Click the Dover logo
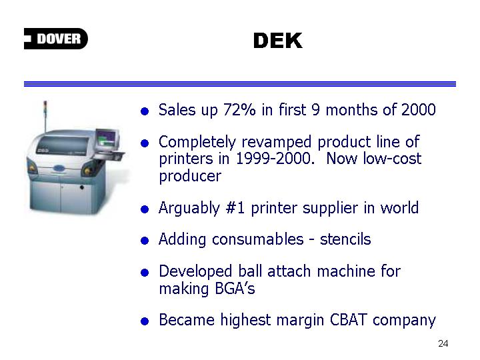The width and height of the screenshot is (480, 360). coord(56,39)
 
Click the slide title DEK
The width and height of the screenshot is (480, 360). coord(278,41)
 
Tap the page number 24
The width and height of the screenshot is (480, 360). coord(443,343)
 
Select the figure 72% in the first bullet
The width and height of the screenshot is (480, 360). coord(239,109)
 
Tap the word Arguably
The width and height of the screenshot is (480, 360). coord(189,209)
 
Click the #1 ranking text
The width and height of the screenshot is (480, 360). coord(235,208)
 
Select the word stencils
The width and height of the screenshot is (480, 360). coord(345,239)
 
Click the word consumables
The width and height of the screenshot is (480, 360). coord(258,239)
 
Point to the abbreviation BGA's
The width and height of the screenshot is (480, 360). coord(235,289)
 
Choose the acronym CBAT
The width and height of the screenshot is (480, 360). coord(348,320)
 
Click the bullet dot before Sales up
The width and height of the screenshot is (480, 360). coord(145,111)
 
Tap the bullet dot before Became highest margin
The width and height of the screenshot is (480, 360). coord(145,321)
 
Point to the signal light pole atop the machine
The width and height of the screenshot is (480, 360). coord(45,117)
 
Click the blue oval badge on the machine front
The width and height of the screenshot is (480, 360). coord(60,169)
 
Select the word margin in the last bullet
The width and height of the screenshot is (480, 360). coord(300,321)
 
